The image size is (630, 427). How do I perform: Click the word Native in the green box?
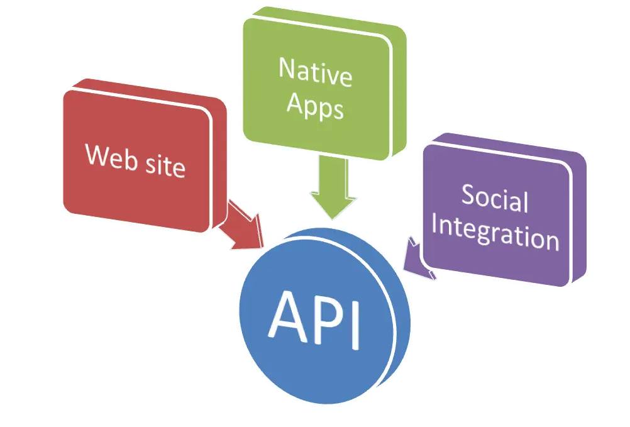point(315,73)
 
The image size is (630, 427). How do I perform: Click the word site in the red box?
point(164,165)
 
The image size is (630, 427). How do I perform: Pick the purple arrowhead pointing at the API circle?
point(416,261)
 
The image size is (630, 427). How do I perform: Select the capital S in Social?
point(468,194)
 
